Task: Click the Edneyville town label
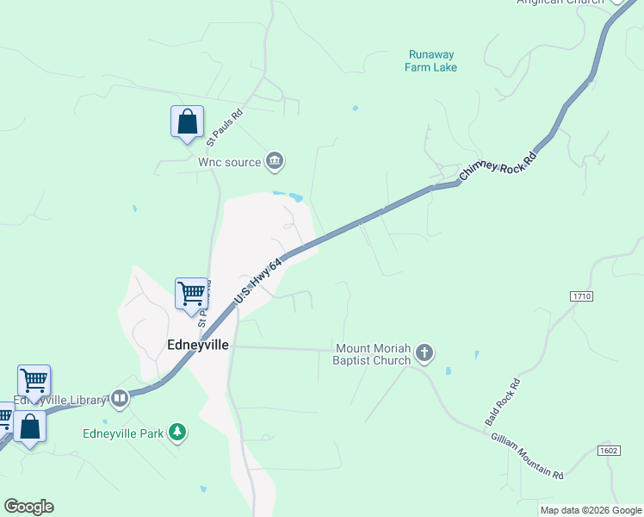(197, 344)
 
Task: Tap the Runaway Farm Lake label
(432, 60)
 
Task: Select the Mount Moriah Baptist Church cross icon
(424, 352)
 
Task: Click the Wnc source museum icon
(275, 160)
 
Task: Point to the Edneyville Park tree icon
(177, 432)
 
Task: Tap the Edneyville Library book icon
(120, 398)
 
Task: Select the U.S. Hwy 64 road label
(258, 283)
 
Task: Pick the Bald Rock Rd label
(504, 402)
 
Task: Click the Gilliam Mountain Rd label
(527, 457)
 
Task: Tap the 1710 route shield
(582, 296)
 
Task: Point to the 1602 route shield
(608, 451)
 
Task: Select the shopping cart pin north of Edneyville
(192, 293)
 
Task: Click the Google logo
(28, 507)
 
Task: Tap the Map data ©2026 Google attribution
(591, 510)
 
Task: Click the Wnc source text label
(229, 161)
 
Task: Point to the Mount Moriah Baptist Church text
(372, 354)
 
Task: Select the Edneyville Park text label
(123, 433)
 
